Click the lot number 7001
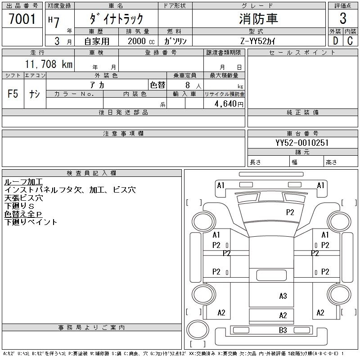tap(22, 19)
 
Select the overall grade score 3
tap(343, 19)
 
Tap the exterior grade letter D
tap(335, 40)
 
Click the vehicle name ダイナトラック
tap(117, 19)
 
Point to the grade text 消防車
tap(258, 19)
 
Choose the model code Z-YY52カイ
tap(258, 41)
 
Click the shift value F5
tap(13, 94)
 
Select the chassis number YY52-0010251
tap(302, 143)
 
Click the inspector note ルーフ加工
tap(23, 182)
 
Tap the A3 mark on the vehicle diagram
tap(283, 296)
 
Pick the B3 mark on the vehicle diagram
tap(283, 331)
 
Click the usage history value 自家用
tap(96, 41)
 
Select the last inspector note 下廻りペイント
tap(31, 222)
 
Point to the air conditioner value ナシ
tap(35, 94)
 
